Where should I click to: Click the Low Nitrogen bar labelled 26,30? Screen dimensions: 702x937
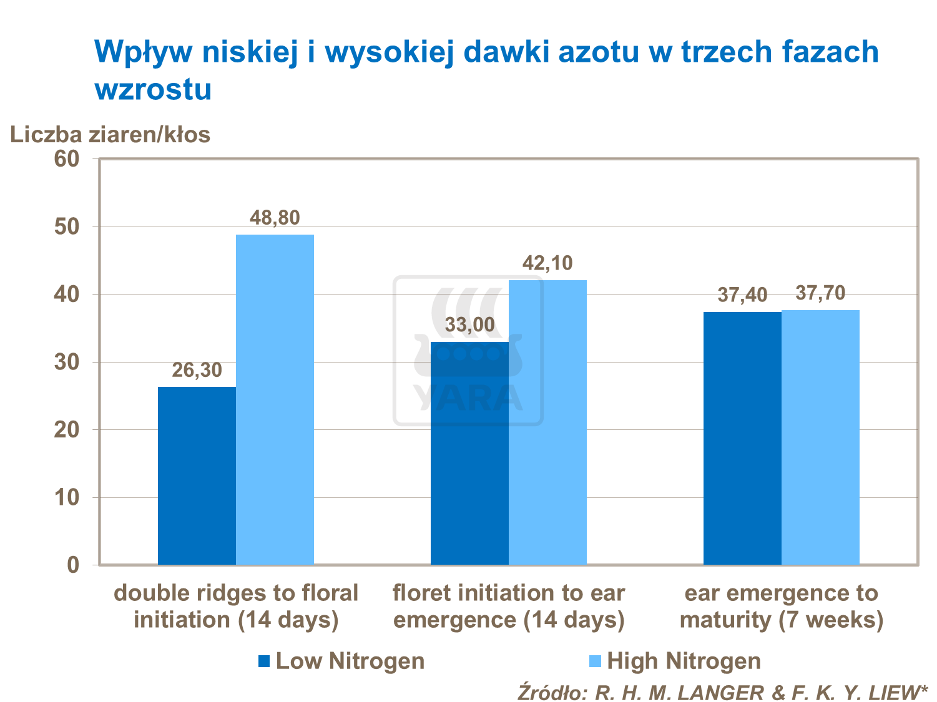[197, 475]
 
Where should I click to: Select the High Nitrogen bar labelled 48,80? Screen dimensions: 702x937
[275, 399]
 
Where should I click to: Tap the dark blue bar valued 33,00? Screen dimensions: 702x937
[469, 453]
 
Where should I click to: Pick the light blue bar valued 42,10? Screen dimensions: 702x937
[547, 422]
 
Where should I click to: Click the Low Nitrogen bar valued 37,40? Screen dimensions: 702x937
[742, 438]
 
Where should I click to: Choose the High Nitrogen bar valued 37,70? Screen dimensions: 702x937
[820, 437]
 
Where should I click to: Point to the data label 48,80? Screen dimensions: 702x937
[275, 218]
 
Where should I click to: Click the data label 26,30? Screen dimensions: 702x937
[197, 370]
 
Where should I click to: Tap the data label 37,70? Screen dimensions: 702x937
[820, 293]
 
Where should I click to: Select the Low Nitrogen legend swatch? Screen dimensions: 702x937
[264, 661]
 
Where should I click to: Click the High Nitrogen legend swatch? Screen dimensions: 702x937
[595, 661]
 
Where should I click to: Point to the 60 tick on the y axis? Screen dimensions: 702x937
[67, 158]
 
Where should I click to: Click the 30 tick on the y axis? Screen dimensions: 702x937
[67, 362]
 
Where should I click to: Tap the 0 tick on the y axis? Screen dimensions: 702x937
[73, 565]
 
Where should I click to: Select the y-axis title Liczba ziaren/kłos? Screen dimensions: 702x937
[110, 134]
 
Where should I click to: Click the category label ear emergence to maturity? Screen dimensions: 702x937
[781, 607]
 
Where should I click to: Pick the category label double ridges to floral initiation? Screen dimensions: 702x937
[236, 607]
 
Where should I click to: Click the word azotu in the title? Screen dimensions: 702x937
[598, 51]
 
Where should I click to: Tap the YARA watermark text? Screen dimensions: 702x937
[468, 398]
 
